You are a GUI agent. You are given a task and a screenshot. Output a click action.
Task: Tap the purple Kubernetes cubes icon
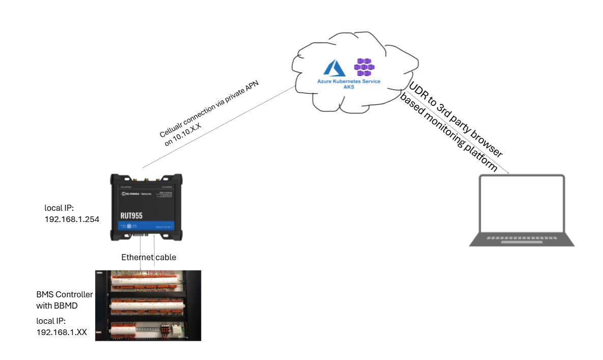(x=364, y=67)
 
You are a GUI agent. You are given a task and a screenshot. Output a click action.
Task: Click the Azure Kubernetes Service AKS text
(x=349, y=84)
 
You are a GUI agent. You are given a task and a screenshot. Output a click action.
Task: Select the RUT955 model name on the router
(x=131, y=215)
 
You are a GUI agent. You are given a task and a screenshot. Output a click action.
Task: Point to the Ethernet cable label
(x=149, y=257)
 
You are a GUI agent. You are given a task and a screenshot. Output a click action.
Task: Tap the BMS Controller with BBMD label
(x=65, y=300)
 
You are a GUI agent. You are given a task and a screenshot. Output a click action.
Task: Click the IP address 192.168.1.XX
(x=62, y=331)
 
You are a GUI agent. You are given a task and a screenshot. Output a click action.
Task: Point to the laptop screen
(x=522, y=204)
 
